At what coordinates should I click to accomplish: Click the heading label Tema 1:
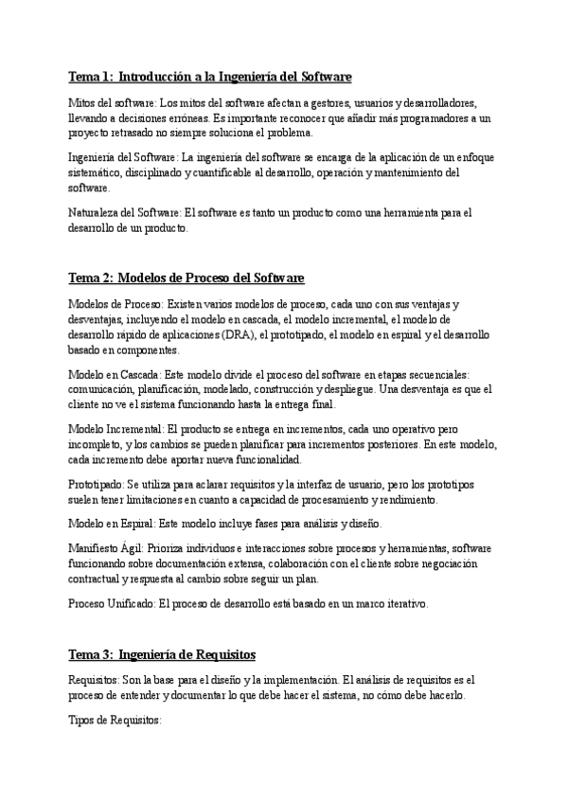pos(91,76)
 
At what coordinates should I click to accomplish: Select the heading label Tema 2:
pos(91,277)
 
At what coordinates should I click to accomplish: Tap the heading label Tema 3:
pos(91,654)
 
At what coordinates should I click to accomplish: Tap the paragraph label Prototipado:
pos(96,484)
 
